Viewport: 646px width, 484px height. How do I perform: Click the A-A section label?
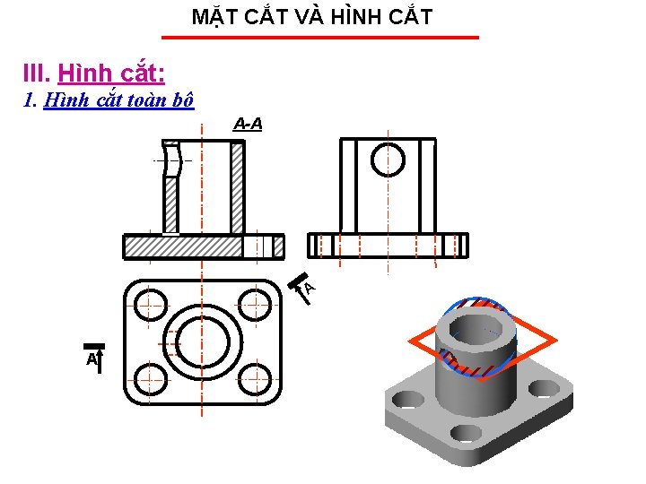point(248,124)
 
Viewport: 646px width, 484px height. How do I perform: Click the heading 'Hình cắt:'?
point(111,72)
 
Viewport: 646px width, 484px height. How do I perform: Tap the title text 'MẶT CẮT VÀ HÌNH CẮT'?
point(312,16)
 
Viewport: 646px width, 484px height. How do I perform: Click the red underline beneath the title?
point(319,38)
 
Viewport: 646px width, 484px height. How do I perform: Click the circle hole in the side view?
point(388,160)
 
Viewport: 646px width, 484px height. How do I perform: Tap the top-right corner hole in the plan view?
point(258,304)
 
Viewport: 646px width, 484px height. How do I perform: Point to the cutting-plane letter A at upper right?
point(309,287)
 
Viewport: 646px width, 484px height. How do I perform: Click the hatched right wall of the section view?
point(237,188)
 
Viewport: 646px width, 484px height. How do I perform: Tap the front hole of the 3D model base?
point(466,434)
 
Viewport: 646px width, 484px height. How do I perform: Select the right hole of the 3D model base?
point(544,388)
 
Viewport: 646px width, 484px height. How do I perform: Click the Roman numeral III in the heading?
point(36,72)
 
